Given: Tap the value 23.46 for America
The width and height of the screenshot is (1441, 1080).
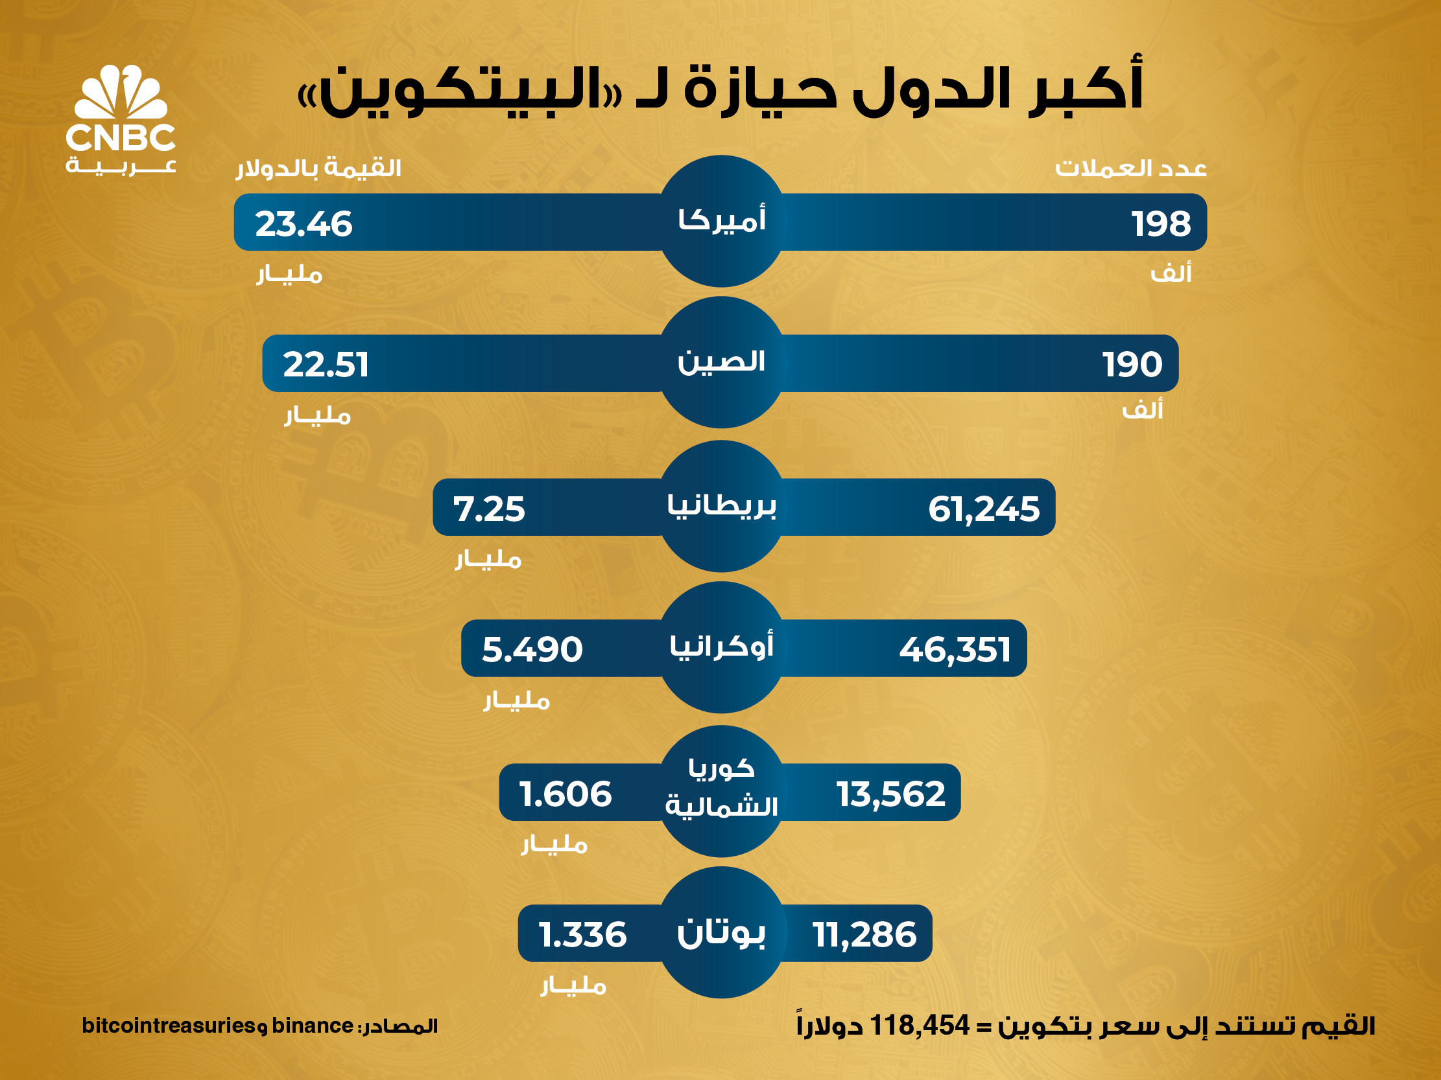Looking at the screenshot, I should (304, 224).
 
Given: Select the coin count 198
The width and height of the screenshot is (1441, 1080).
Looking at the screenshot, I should (1161, 224).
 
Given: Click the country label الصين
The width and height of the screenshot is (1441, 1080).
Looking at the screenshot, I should (721, 362).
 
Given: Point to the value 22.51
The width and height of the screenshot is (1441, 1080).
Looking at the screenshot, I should (326, 365).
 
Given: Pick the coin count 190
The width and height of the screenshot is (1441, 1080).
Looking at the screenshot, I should (1132, 365).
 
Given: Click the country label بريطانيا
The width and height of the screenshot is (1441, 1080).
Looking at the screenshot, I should (721, 506).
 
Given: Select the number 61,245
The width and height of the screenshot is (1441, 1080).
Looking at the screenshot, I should (984, 509).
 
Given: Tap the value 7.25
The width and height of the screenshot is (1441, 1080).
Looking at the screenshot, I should (488, 509).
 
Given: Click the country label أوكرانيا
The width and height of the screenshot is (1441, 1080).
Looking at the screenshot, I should (721, 647).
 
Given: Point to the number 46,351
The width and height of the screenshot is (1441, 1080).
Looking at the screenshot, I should (955, 650).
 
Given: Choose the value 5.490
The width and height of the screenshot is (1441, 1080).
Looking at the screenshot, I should (532, 650).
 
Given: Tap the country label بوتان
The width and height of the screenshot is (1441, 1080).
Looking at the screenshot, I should (721, 933).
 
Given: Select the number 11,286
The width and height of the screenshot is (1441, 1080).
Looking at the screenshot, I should (864, 935).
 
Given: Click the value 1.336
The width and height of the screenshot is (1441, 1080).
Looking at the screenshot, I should (582, 935).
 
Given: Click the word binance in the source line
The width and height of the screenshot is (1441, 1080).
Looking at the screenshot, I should (312, 1026).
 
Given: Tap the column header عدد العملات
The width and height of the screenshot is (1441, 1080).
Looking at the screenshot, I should (1131, 168).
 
